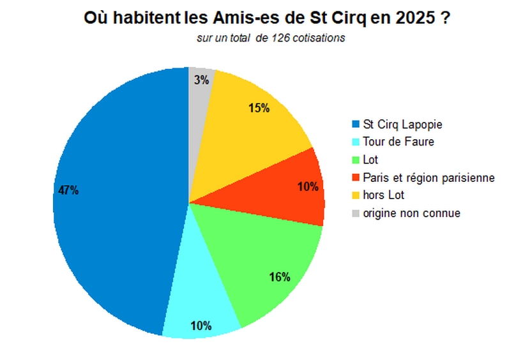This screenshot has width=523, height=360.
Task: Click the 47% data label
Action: click(x=68, y=190)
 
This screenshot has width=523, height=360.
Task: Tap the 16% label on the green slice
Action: click(x=280, y=276)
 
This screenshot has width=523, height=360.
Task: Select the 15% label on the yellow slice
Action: click(x=259, y=108)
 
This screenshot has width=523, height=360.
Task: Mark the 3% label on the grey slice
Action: click(x=202, y=80)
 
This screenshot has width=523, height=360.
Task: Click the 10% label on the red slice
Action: click(x=308, y=187)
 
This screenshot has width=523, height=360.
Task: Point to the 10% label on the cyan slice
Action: click(x=201, y=326)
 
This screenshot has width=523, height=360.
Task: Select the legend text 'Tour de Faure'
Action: click(x=398, y=142)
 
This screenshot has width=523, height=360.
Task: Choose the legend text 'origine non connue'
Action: click(x=411, y=213)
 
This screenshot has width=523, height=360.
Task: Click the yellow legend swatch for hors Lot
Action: click(x=355, y=195)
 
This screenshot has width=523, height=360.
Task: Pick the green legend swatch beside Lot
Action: click(x=355, y=160)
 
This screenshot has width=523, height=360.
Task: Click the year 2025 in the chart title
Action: click(x=414, y=19)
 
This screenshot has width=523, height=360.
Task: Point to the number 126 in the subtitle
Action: click(x=282, y=38)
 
